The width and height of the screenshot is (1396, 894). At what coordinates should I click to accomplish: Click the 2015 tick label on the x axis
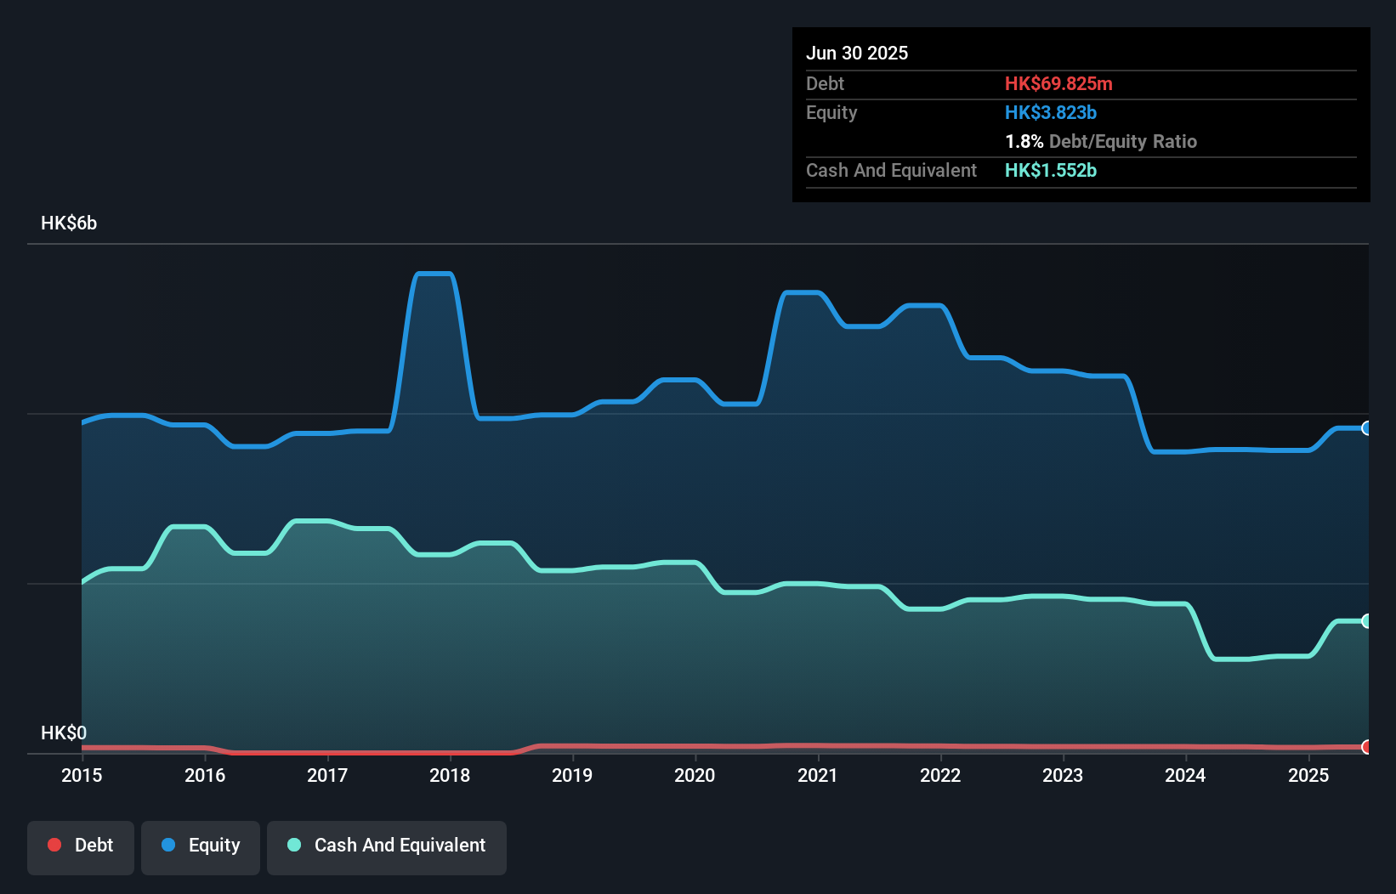(82, 775)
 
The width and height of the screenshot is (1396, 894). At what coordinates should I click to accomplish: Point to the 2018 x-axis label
(450, 775)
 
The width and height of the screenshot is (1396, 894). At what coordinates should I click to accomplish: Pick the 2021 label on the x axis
(817, 775)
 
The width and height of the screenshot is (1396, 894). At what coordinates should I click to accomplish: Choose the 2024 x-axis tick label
(1185, 775)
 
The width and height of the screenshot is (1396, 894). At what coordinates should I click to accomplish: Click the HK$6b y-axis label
(69, 223)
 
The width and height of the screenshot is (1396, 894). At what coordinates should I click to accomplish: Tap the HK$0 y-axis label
(64, 733)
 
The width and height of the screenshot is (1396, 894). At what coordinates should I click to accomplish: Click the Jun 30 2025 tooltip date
(857, 53)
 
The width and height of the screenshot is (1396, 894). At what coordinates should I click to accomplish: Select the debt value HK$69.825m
(1058, 83)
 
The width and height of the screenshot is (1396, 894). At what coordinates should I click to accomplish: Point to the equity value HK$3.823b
(1051, 112)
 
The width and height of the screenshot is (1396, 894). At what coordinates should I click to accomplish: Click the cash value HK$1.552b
(1051, 170)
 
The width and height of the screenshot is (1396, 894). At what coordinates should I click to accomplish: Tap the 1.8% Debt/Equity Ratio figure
(1100, 141)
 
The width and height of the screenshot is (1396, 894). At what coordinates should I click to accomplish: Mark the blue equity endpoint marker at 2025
(1366, 428)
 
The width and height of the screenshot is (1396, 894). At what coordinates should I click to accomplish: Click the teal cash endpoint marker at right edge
(1366, 621)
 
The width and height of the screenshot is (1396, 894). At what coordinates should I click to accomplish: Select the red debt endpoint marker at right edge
(1366, 747)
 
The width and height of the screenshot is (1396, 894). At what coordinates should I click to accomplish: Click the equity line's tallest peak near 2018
(434, 274)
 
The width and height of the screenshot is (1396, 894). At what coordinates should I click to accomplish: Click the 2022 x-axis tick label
(940, 775)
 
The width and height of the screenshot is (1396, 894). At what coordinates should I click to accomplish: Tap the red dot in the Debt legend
(54, 845)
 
